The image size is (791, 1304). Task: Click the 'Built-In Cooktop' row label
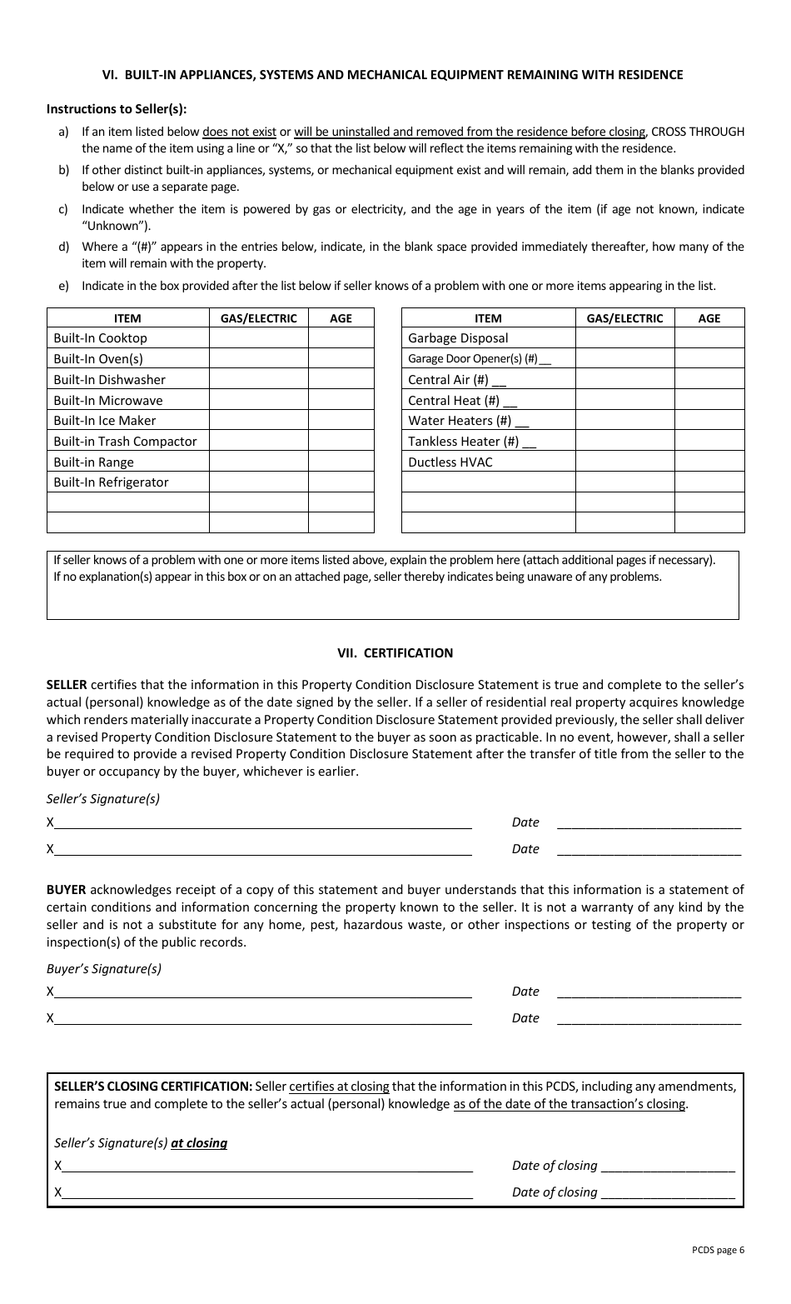coord(100,338)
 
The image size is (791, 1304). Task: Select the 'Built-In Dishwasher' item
coord(109,380)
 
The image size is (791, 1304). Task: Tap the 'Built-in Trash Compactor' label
coord(125,442)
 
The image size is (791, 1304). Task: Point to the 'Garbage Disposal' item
coord(458,338)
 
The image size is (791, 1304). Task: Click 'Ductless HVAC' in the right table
coord(450,462)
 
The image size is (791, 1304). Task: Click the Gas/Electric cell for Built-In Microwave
coord(258,401)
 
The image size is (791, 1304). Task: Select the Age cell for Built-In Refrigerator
coord(341,482)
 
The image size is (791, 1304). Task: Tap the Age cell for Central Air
coord(709,380)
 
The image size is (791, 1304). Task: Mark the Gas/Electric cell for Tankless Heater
coord(624,442)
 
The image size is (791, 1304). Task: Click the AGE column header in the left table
coord(341,318)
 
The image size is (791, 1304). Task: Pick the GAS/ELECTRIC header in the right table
coord(624,318)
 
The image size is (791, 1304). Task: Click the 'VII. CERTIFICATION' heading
coord(395,653)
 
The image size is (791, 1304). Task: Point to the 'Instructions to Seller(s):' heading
coord(117,109)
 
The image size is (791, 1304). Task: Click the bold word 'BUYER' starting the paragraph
coord(66,890)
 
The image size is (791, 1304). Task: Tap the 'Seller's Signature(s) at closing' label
coord(141,1143)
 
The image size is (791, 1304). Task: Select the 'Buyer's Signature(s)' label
coord(104,969)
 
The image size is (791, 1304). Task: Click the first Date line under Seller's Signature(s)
coord(648,823)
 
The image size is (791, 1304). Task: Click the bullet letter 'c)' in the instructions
coord(63,209)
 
